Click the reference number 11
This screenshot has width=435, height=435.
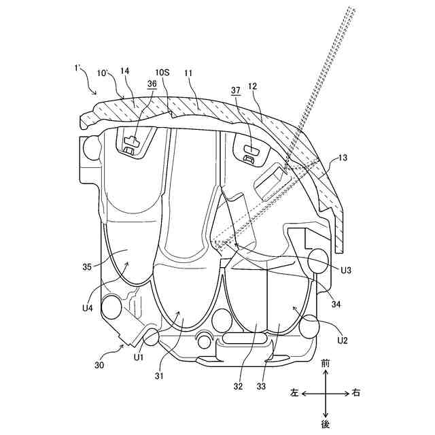[188, 71]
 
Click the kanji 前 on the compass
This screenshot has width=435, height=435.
[326, 364]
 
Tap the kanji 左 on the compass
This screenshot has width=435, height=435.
[294, 393]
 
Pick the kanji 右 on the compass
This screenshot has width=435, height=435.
[358, 393]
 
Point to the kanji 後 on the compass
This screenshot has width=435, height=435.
[326, 423]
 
